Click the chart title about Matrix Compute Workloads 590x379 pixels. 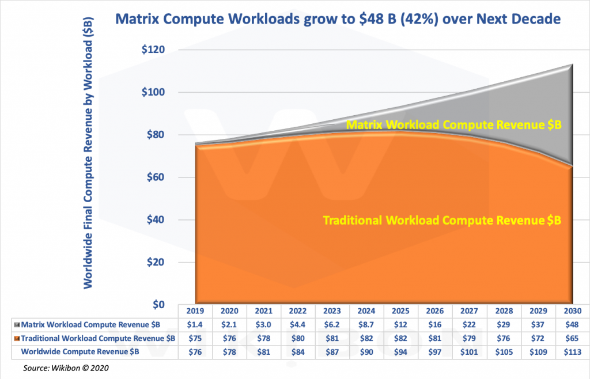338,19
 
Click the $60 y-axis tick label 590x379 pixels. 156,177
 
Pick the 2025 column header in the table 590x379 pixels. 402,310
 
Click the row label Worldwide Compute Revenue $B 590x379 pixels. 80,351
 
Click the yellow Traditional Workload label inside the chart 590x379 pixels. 442,221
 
